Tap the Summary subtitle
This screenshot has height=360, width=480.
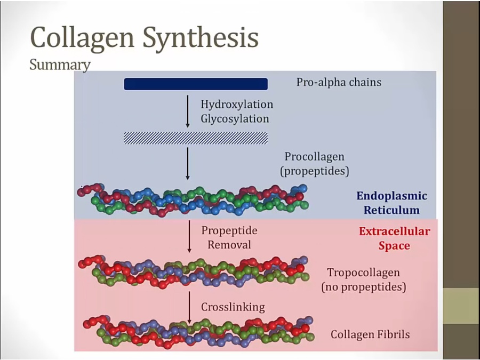[60, 65]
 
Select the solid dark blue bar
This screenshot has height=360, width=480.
[196, 84]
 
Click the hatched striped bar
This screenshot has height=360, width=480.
[196, 138]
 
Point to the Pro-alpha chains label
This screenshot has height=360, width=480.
[339, 83]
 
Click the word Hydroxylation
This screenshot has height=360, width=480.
[237, 105]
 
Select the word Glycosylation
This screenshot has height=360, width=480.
[235, 118]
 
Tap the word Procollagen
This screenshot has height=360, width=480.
[314, 157]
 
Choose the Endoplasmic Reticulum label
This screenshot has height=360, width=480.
[391, 203]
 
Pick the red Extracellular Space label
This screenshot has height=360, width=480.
[394, 238]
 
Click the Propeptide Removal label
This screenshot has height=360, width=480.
[229, 238]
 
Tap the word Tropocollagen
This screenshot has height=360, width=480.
[363, 273]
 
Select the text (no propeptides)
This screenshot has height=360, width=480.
[363, 287]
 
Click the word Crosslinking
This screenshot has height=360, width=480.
[233, 307]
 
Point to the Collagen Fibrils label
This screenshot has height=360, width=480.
[370, 334]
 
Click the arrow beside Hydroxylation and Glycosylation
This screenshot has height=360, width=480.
[188, 111]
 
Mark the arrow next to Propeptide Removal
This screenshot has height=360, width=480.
[189, 236]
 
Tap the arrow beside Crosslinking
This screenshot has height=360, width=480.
[189, 307]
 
